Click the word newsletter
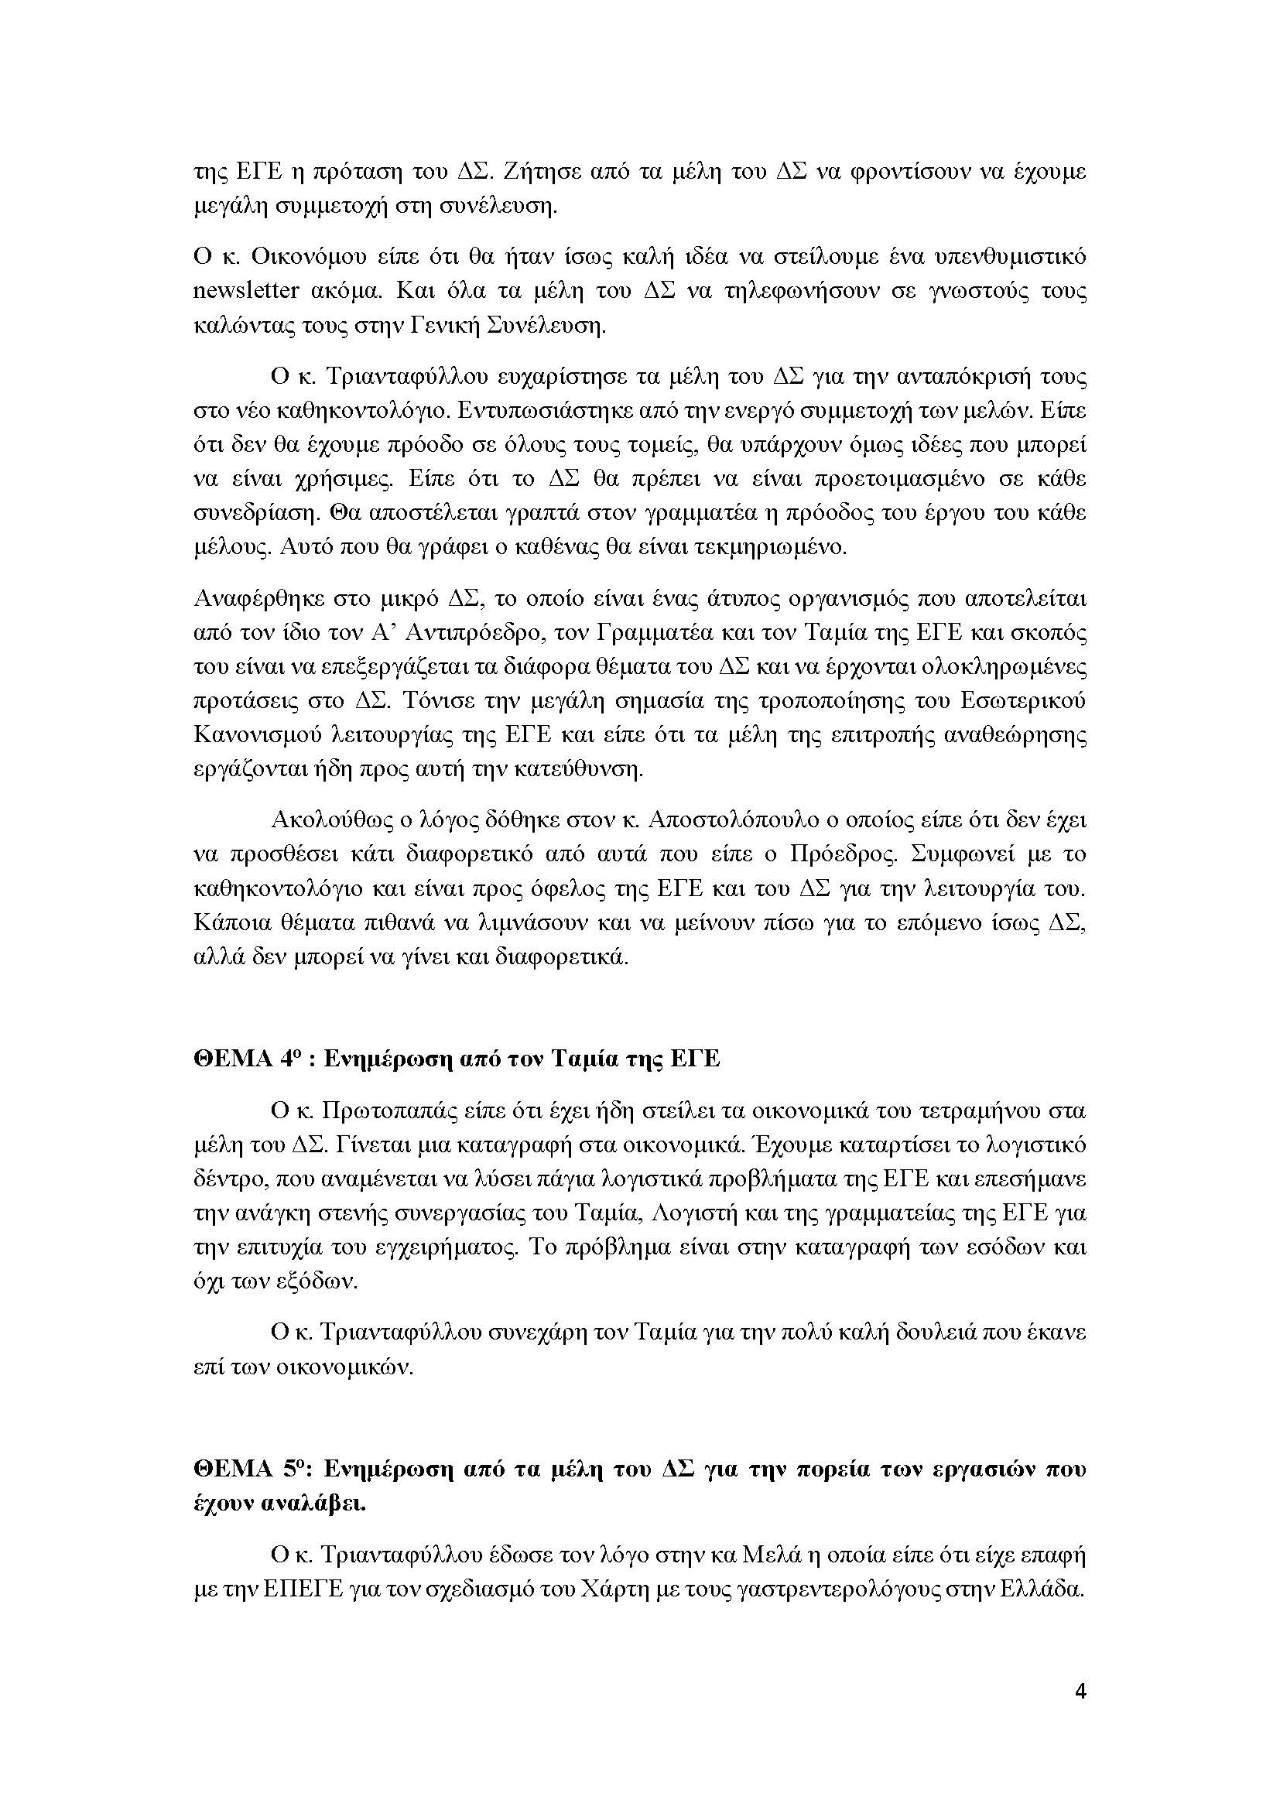point(246,291)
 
